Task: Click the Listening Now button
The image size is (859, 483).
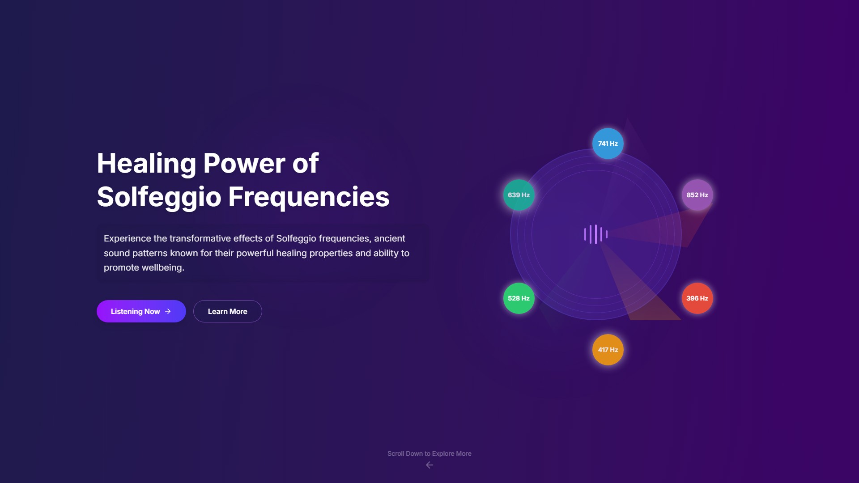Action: coord(141,311)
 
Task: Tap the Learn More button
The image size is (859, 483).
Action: coord(227,311)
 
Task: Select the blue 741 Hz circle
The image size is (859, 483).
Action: coord(608,144)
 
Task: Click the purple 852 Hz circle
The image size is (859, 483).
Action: coord(697,195)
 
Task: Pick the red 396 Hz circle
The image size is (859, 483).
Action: coord(697,298)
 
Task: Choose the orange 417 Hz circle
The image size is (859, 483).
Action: coord(608,350)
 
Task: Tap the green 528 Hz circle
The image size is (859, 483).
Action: coord(519,298)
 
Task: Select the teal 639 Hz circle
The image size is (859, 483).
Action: coord(519,195)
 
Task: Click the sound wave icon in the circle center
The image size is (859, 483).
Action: coord(596,234)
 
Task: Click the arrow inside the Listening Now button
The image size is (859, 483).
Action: coord(168,311)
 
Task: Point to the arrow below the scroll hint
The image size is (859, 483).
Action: coord(429,465)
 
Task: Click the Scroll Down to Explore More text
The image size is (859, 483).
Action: coord(429,453)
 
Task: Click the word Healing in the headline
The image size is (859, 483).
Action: coord(146,164)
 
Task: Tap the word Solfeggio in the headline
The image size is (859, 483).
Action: coord(159,197)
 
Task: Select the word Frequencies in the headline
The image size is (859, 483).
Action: coord(309,197)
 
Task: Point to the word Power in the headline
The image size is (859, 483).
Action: coord(244,163)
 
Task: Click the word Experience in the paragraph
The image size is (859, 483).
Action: coord(128,239)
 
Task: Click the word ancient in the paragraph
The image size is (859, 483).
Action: coord(390,238)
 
